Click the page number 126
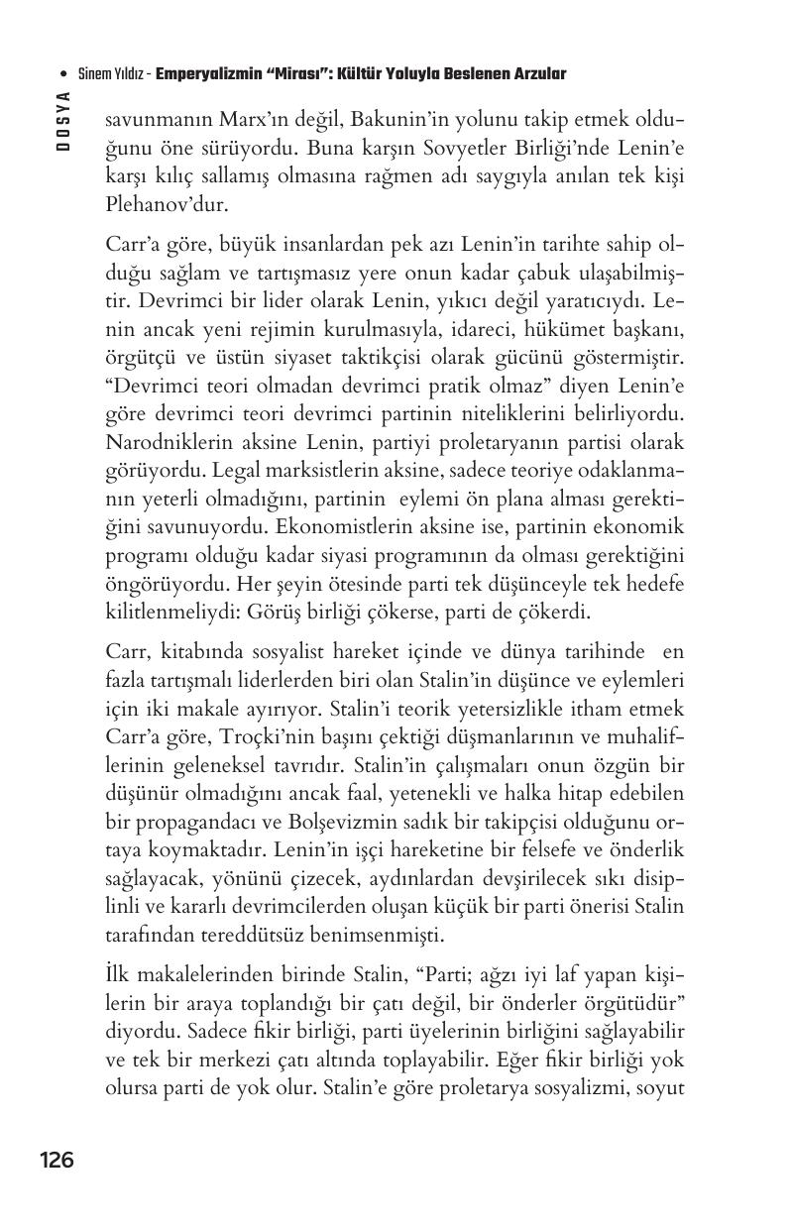(x=56, y=1160)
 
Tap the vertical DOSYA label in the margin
(x=62, y=120)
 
